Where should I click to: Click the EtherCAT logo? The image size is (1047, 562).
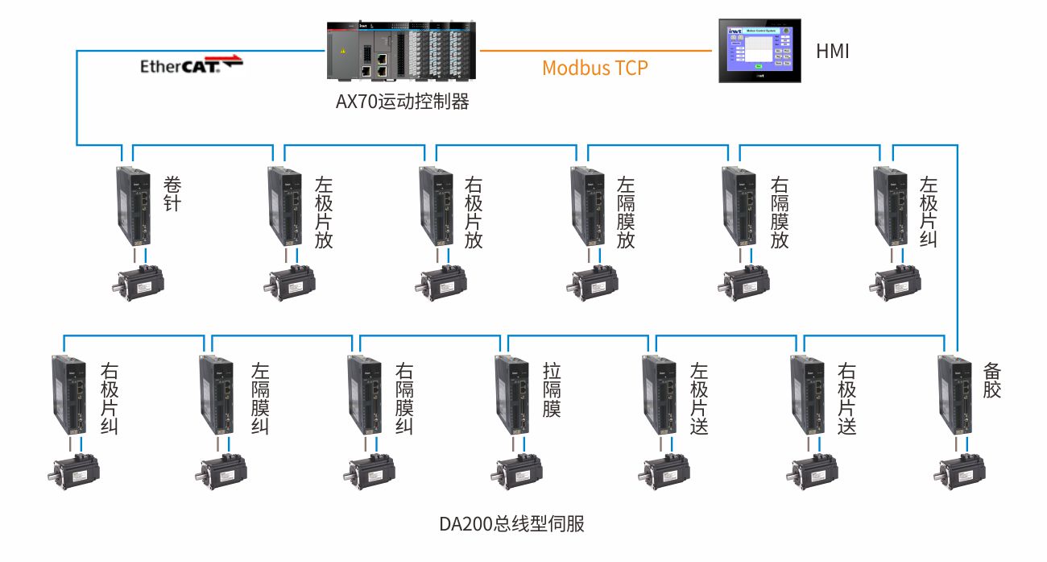click(190, 65)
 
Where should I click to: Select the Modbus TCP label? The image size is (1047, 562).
click(594, 68)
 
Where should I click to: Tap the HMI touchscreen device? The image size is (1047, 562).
click(760, 51)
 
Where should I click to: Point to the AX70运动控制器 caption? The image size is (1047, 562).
click(403, 102)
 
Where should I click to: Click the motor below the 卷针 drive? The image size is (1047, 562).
click(139, 282)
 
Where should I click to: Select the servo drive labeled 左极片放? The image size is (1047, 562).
click(285, 206)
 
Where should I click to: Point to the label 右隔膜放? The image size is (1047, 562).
click(779, 213)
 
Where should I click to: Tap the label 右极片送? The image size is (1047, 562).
click(846, 399)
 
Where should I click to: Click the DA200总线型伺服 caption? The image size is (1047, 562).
click(511, 524)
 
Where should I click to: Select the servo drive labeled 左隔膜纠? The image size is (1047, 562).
click(217, 395)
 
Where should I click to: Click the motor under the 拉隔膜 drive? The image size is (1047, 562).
click(518, 471)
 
